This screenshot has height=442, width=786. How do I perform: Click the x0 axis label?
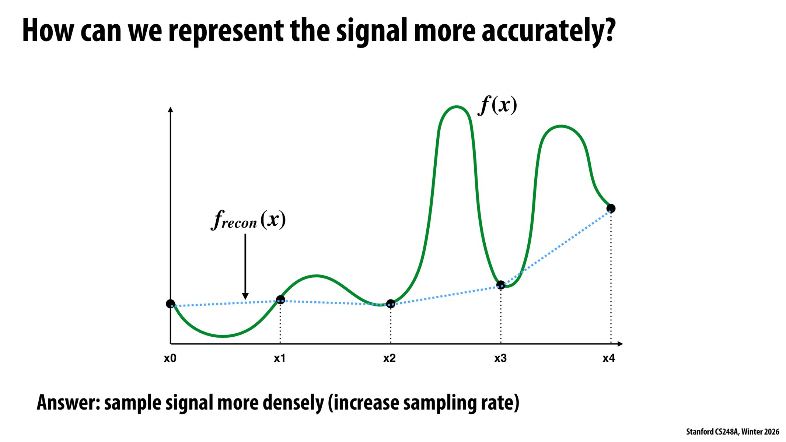170,358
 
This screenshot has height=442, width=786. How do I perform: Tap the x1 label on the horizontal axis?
280,358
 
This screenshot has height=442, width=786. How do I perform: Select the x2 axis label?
389,358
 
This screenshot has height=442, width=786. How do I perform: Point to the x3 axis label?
500,358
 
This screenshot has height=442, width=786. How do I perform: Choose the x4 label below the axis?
609,358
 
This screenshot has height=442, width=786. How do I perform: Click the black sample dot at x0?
170,304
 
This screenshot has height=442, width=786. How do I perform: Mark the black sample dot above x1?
280,299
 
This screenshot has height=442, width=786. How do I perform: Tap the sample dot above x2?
391,304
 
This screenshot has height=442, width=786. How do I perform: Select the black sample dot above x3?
500,285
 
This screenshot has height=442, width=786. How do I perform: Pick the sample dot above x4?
611,208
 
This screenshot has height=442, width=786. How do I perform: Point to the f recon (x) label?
248,220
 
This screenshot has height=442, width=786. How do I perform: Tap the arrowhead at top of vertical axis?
170,109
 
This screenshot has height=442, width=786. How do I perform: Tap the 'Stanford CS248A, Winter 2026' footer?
732,432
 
